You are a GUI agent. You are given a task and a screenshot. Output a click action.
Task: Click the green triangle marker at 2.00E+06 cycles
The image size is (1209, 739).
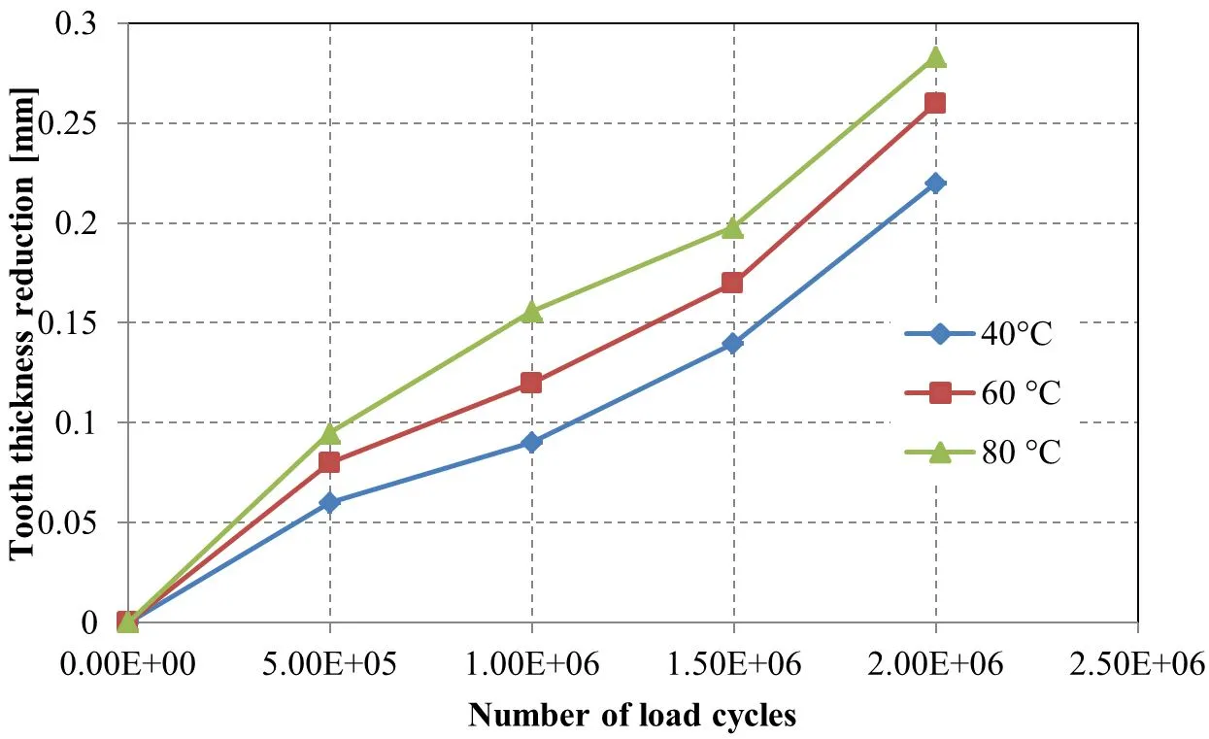[x=935, y=58]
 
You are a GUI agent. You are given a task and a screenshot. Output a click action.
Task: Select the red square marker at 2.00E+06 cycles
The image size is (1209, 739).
[x=935, y=103]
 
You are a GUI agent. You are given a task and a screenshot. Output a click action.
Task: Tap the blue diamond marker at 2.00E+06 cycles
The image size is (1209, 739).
[x=935, y=184]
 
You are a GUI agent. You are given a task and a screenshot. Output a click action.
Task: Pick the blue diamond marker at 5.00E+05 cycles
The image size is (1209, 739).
[x=329, y=503]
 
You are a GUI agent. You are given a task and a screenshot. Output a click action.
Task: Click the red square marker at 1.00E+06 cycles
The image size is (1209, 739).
[x=531, y=383]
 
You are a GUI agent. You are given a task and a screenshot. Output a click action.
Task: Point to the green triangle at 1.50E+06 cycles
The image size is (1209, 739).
[x=733, y=228]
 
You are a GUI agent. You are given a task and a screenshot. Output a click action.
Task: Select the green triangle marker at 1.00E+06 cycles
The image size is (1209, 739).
[x=531, y=312]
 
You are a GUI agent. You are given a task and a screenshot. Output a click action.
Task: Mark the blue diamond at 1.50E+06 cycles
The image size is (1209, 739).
[x=733, y=343]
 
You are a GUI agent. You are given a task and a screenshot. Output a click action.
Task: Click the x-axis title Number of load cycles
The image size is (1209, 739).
[x=632, y=716]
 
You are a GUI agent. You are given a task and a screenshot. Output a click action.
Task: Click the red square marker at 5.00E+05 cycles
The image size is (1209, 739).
[x=329, y=462]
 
